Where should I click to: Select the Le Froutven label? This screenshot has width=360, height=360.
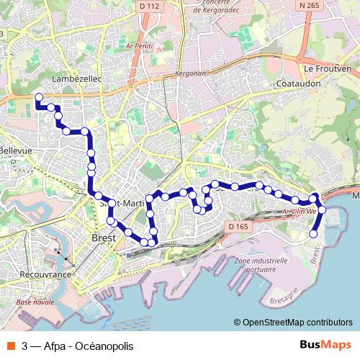pos(328,68)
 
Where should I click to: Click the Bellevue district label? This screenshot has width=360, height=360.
pos(17,150)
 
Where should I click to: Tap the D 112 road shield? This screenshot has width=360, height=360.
pos(149,6)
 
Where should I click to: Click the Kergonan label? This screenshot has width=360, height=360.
pos(189,74)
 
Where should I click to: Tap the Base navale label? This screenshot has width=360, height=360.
pos(35,302)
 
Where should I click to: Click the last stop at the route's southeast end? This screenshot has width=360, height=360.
pos(314,233)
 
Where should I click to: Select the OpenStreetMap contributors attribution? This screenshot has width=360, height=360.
pos(297,322)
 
